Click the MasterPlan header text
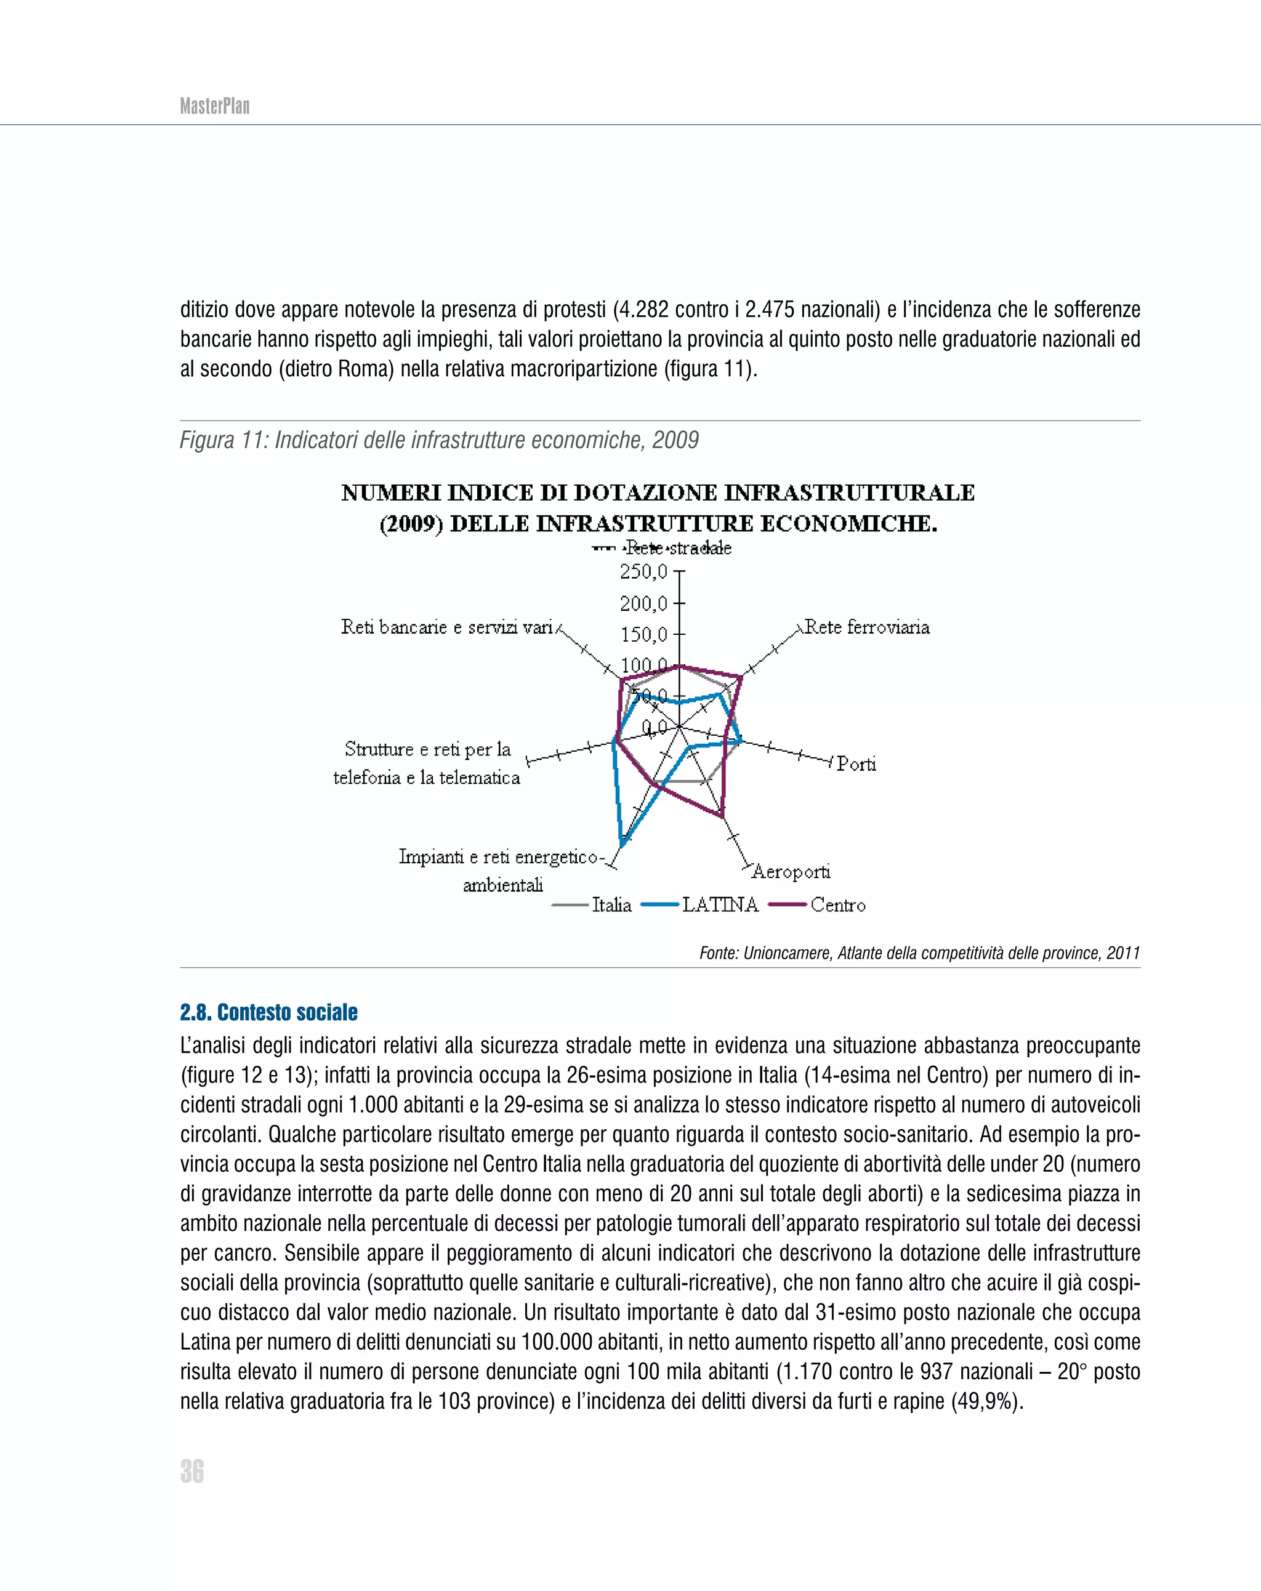215,107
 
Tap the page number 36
192,1471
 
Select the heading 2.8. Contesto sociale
268,1012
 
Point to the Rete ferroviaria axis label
866,627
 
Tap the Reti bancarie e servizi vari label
446,627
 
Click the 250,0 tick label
643,571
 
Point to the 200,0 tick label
643,603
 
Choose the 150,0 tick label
643,635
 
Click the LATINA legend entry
719,904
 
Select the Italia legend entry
611,904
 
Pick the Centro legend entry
837,904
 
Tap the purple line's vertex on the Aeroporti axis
722,816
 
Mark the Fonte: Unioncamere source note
919,953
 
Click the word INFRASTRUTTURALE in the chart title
848,493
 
